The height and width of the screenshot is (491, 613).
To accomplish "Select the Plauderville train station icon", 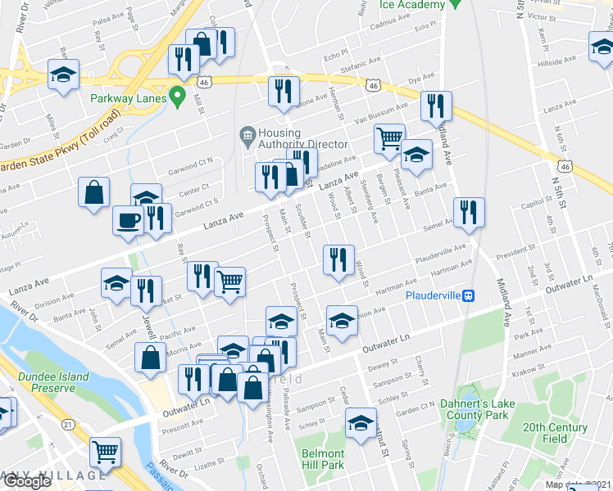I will coord(467,295).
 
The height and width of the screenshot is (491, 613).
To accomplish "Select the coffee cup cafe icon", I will coord(127,221).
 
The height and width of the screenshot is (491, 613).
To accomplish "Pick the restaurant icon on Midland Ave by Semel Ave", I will coord(468,211).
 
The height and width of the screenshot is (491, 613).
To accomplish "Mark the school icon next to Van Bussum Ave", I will coord(416,154).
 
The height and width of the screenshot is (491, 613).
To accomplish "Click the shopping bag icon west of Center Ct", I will coord(94,192).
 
